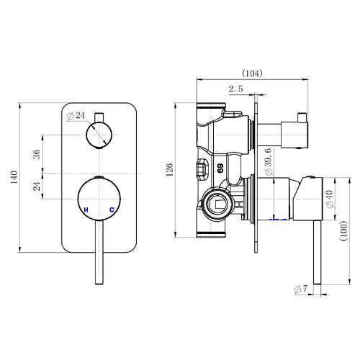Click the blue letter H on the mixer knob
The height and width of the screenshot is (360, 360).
click(x=86, y=210)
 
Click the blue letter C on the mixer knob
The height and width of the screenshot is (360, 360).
click(x=112, y=210)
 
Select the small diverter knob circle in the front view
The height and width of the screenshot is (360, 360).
click(x=99, y=134)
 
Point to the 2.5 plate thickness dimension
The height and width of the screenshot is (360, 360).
click(x=235, y=89)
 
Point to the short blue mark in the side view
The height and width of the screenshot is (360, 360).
click(x=274, y=218)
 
